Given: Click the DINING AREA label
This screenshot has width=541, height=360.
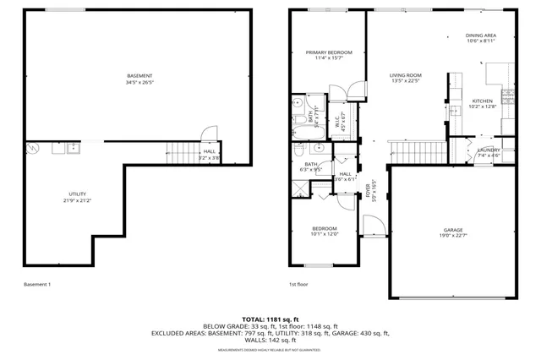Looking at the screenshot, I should (480, 35).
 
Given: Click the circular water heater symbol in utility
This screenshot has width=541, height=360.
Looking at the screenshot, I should (32, 149).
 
